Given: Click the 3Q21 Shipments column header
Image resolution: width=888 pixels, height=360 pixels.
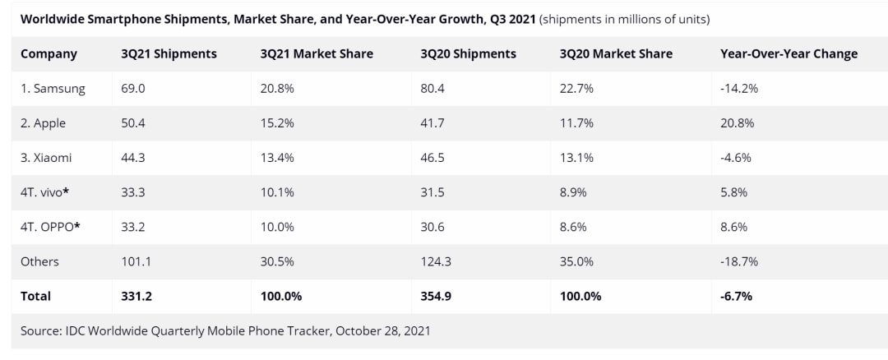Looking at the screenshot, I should [x=169, y=53].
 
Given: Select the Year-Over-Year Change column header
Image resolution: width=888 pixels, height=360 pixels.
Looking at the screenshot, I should [x=789, y=53].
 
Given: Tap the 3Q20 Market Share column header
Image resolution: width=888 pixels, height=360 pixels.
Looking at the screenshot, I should [x=616, y=53].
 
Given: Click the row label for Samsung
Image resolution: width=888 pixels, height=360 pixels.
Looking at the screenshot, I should [x=53, y=88].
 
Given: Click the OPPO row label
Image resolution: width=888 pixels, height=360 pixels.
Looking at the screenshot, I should [x=50, y=226].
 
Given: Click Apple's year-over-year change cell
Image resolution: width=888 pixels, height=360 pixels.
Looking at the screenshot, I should [x=737, y=122].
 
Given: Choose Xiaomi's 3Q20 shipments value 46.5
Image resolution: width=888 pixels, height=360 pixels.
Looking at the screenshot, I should [x=432, y=157].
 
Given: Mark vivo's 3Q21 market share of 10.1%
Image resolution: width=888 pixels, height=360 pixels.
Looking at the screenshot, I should [x=276, y=192].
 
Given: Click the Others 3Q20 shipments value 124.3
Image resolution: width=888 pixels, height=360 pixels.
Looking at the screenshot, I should [x=436, y=261].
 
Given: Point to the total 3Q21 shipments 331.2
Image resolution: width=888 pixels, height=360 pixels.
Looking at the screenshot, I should [x=136, y=296].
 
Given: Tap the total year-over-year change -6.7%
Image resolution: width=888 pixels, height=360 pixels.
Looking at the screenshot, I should [x=736, y=296].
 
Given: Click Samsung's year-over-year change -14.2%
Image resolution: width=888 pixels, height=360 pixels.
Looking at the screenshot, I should [x=738, y=88].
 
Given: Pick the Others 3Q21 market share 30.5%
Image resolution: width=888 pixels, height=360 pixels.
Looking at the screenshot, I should [x=277, y=261].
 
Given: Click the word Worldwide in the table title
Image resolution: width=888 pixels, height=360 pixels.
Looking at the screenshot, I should [x=53, y=19].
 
